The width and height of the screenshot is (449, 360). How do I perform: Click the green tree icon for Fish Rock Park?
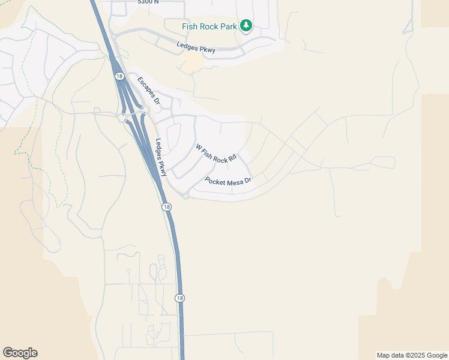(246, 25)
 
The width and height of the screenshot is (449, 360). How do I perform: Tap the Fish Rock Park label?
(209, 26)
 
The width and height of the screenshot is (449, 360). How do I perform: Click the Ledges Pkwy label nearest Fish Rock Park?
(196, 46)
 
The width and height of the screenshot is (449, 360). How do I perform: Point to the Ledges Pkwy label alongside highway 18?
(160, 157)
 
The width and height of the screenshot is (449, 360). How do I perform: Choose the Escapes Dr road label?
(148, 91)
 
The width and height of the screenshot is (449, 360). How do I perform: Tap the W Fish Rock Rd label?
(216, 153)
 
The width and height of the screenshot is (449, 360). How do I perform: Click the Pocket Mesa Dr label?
(228, 180)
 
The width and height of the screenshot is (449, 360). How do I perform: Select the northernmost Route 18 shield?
(119, 76)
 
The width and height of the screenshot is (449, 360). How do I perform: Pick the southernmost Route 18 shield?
(179, 298)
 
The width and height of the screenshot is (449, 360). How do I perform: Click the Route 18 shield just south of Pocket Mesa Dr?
(166, 206)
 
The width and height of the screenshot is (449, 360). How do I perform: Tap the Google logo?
(20, 353)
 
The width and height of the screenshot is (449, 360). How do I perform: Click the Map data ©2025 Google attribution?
(412, 355)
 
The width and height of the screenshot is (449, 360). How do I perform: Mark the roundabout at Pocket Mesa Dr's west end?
(185, 196)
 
